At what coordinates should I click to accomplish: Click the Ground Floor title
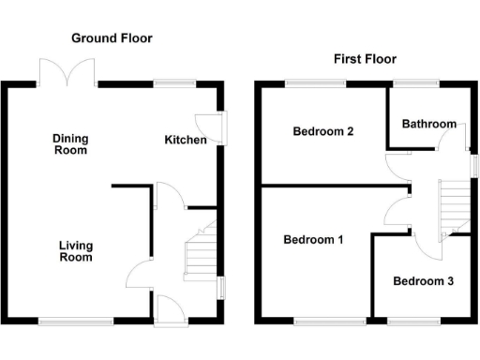112,38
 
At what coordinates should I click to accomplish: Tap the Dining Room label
70,143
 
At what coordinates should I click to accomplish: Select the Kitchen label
186,140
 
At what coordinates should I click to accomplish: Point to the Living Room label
76,251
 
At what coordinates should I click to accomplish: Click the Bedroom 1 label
313,240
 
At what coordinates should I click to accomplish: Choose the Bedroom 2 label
322,131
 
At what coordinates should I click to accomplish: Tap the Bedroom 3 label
423,281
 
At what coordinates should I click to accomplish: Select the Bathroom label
428,124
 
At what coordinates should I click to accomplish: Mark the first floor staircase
454,206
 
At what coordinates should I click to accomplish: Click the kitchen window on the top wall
169,84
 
